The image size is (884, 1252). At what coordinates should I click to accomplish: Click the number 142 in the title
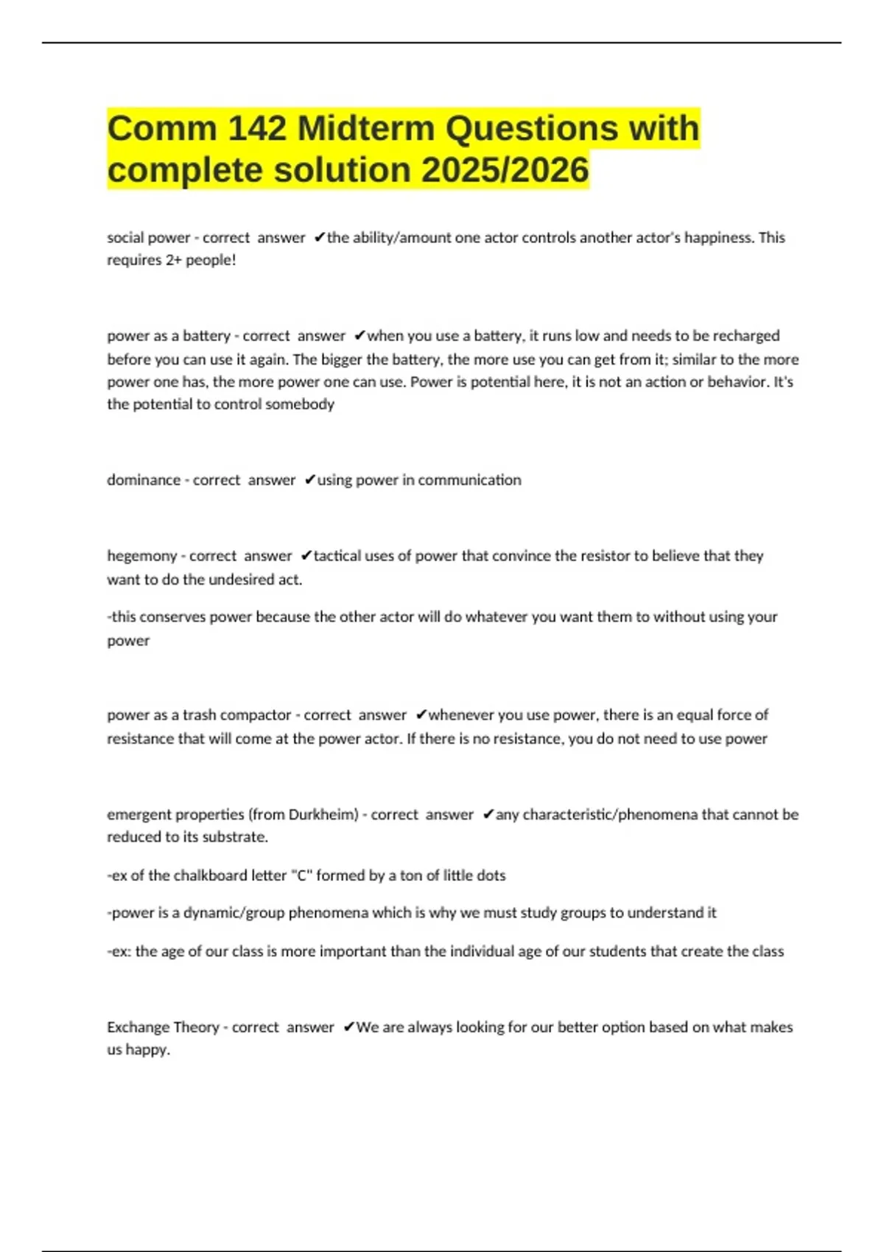257,129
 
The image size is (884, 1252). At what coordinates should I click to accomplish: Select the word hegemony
141,556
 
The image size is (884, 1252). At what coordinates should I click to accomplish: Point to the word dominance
144,480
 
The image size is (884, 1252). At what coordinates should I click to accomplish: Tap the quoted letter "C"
300,876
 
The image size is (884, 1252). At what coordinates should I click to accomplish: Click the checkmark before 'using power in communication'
310,480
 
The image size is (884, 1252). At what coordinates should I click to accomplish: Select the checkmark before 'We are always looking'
349,1027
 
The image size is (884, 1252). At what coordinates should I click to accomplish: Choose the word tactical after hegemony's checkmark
337,556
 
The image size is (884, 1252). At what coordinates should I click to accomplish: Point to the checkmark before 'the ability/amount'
320,238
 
